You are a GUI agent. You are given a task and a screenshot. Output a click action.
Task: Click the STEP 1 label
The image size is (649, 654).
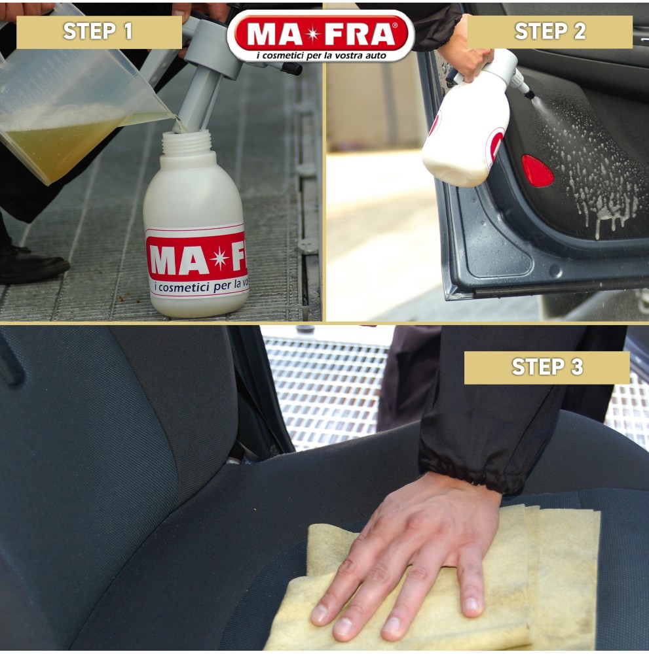[98, 31]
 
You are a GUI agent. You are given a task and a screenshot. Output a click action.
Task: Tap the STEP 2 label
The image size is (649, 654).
[550, 31]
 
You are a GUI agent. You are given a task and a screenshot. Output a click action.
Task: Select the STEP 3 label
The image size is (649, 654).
[547, 367]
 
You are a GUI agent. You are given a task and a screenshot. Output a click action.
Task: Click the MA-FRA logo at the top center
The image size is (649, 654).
[321, 35]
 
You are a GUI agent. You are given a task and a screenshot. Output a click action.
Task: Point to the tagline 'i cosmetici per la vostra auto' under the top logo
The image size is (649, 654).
[321, 55]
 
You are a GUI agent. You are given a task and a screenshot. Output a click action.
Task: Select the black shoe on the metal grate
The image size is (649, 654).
[31, 265]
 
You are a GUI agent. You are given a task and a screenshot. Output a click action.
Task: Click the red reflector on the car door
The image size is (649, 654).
[538, 171]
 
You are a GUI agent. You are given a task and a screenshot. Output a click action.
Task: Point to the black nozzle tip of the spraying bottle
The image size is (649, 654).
[529, 94]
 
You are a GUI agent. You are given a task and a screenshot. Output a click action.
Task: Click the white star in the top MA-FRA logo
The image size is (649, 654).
[313, 34]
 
